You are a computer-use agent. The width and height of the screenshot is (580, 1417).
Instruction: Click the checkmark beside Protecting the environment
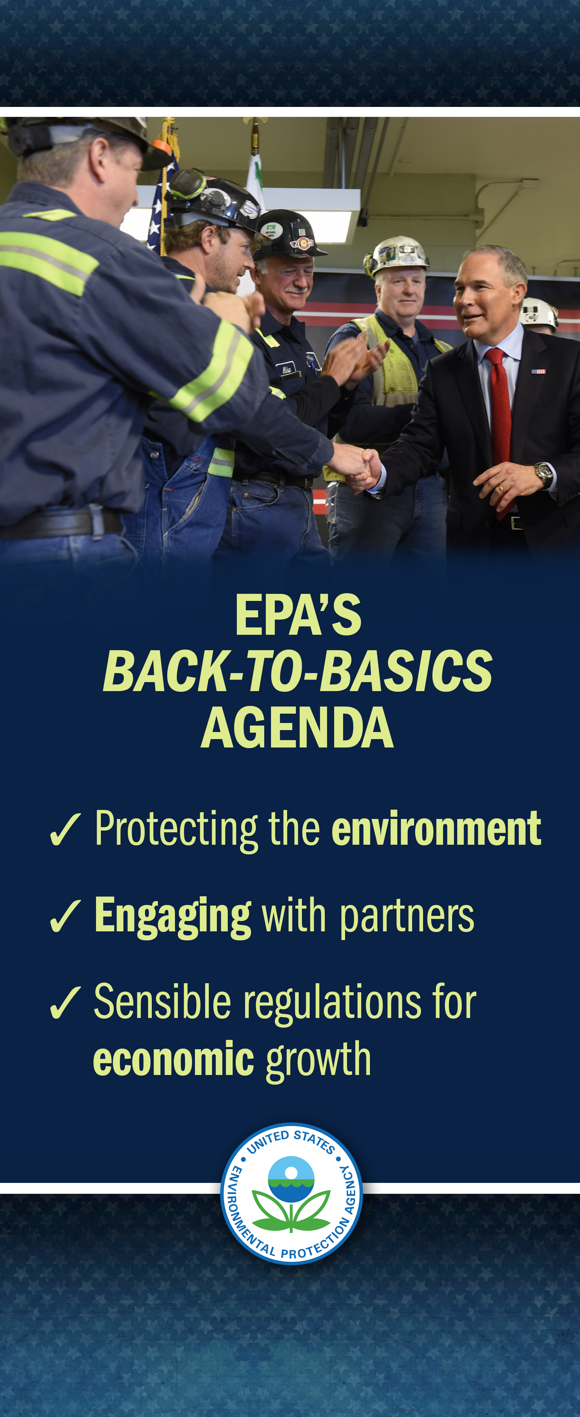coord(65,830)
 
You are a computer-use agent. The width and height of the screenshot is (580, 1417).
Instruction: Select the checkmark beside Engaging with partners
coord(65,917)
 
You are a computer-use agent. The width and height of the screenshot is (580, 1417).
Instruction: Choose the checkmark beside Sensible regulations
coord(65,1002)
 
